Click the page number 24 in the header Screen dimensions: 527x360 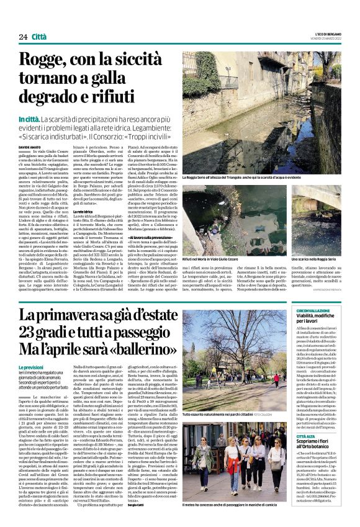(23, 37)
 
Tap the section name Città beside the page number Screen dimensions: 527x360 (40, 37)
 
